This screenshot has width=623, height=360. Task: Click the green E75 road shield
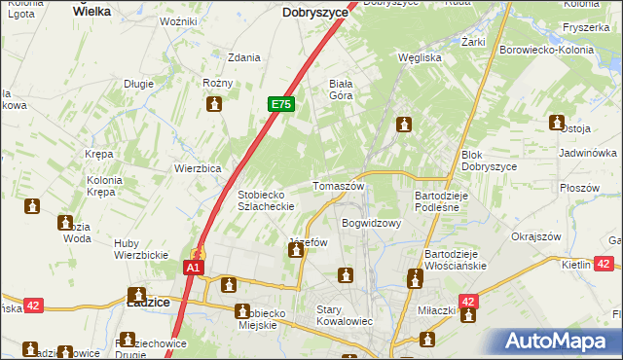coord(280,104)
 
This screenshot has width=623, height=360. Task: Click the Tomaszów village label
coord(338,185)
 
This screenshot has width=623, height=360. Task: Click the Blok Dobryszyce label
coord(489,161)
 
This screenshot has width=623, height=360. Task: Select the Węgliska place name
coord(420,57)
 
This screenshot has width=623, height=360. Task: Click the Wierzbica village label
coord(198,167)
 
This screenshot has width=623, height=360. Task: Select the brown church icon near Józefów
coord(295,252)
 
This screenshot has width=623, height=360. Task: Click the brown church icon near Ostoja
coord(557,123)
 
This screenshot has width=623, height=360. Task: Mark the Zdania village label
coord(243,57)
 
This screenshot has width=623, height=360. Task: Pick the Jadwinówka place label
coord(589,154)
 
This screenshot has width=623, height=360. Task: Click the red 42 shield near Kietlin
coord(604,264)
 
